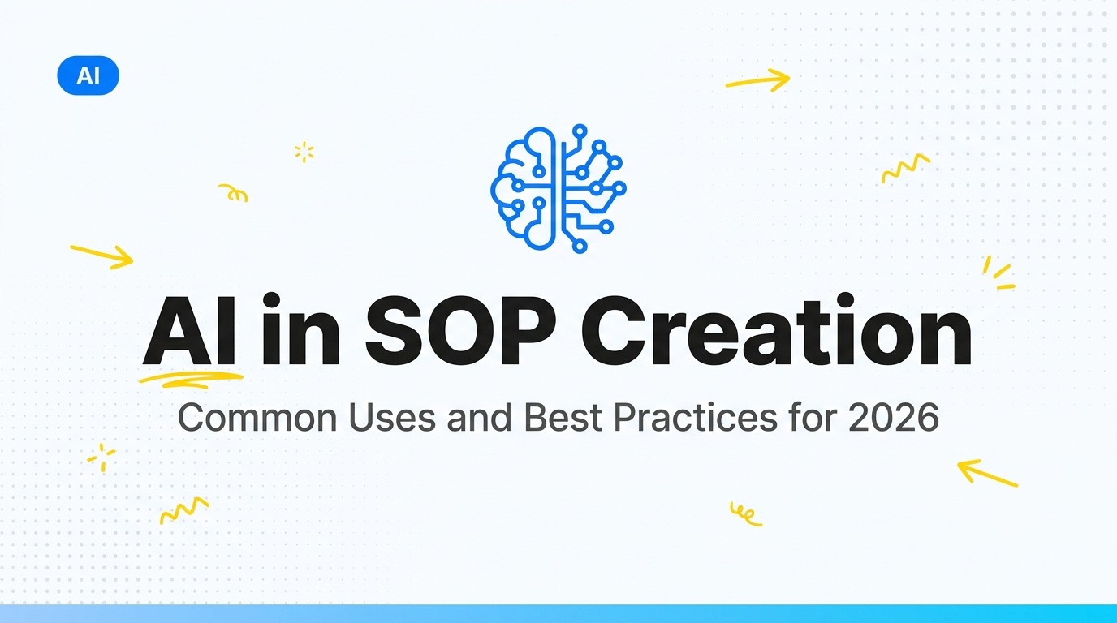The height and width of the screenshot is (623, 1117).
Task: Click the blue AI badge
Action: (88, 75)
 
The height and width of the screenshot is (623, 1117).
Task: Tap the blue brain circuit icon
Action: (558, 188)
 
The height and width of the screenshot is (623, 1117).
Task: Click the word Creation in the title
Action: (777, 330)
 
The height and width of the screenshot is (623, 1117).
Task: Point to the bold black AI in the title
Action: (189, 331)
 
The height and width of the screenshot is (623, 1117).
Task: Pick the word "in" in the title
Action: (301, 330)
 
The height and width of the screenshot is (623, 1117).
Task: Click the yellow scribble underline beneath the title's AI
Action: (191, 380)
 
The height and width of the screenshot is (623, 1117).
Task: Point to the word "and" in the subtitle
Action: (480, 417)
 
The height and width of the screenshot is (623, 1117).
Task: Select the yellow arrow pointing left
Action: (987, 473)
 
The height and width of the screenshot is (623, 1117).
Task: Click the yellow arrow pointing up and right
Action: (758, 80)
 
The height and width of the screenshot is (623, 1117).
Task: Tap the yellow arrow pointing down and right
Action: (102, 256)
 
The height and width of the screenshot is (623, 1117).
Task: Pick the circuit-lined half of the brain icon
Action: (593, 189)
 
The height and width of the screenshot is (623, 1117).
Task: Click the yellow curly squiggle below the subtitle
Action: (745, 514)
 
